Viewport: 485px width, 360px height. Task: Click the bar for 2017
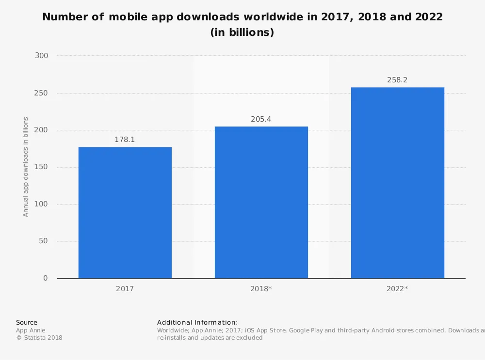click(x=125, y=213)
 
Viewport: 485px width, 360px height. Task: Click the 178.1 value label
click(x=125, y=140)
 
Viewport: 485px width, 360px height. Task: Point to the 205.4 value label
click(x=261, y=119)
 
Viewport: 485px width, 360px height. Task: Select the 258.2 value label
click(x=397, y=80)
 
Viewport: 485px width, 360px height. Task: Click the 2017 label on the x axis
click(x=125, y=289)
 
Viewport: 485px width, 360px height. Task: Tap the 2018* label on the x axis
click(x=261, y=289)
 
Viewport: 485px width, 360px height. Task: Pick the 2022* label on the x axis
click(x=397, y=289)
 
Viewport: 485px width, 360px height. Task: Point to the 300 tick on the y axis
click(x=42, y=56)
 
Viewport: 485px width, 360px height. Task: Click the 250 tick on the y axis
click(x=42, y=93)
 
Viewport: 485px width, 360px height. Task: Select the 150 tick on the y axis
click(x=42, y=167)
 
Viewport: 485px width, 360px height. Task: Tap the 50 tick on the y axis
click(x=44, y=241)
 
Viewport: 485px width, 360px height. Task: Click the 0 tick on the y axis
click(x=46, y=278)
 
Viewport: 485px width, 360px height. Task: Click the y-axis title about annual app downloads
click(x=26, y=167)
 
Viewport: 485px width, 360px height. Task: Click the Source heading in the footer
click(x=27, y=322)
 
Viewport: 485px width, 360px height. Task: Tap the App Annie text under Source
click(x=31, y=330)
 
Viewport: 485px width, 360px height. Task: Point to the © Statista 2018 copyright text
click(x=39, y=338)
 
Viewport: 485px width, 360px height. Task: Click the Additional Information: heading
click(x=197, y=322)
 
